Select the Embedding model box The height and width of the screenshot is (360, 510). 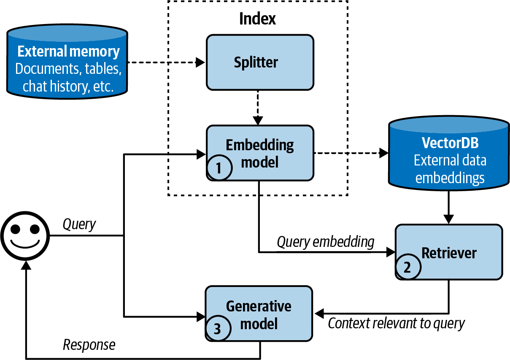[259, 153]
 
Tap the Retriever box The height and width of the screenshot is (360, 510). [449, 252]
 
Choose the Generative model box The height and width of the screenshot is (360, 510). [259, 314]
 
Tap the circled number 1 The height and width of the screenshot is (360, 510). [219, 168]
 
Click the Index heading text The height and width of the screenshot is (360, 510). [257, 19]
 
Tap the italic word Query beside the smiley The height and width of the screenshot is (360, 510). [79, 224]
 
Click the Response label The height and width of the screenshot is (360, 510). [89, 345]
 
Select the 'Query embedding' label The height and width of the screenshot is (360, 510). [325, 242]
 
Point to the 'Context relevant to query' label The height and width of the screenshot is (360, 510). [396, 323]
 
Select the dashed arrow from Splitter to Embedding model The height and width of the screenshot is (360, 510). [259, 107]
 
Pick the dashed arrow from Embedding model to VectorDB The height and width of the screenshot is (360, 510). [350, 153]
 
